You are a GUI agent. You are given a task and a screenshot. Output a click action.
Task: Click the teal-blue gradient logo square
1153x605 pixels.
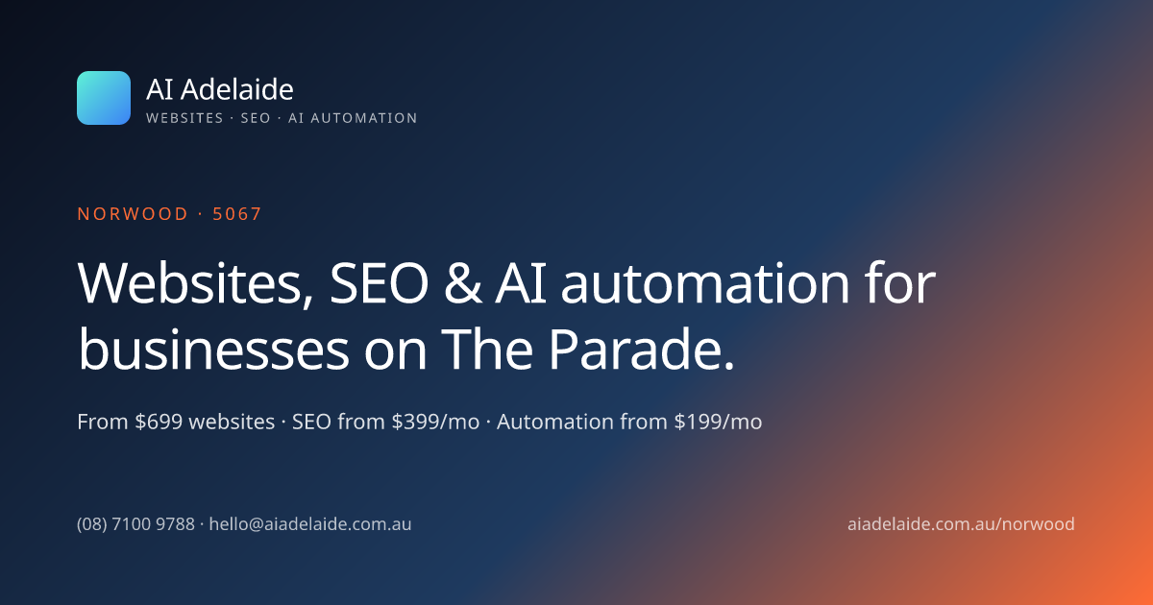pos(104,98)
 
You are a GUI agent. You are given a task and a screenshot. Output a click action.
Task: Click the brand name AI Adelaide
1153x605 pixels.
pos(220,89)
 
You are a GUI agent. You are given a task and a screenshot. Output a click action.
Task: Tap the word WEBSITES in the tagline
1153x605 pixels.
pos(184,118)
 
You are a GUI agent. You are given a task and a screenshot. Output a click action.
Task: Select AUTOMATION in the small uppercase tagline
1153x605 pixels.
pos(363,118)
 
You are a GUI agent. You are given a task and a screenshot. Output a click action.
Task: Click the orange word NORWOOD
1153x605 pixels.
pos(133,214)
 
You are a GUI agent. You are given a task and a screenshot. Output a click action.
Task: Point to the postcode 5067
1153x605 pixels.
pos(237,214)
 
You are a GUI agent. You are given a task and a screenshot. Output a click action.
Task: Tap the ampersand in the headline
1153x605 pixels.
pos(463,283)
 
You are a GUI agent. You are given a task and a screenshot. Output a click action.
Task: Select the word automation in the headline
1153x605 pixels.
pos(704,283)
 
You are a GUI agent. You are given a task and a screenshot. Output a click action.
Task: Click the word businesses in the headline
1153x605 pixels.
pos(213,350)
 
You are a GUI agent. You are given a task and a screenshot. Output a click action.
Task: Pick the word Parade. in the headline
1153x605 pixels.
pos(642,350)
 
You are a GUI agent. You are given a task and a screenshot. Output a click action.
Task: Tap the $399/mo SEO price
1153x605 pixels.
pos(435,422)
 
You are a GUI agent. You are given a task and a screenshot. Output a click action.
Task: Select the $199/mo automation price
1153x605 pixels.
pos(718,422)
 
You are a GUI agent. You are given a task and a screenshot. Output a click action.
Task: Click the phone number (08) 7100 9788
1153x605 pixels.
pos(135,524)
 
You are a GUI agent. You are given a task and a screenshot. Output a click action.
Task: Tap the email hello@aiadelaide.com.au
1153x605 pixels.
pos(310,524)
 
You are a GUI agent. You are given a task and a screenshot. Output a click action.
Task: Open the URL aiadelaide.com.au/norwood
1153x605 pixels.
pos(961,524)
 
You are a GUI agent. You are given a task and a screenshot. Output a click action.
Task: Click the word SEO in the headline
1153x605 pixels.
pos(379,283)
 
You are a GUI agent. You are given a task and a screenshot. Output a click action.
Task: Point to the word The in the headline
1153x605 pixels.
pos(487,350)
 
